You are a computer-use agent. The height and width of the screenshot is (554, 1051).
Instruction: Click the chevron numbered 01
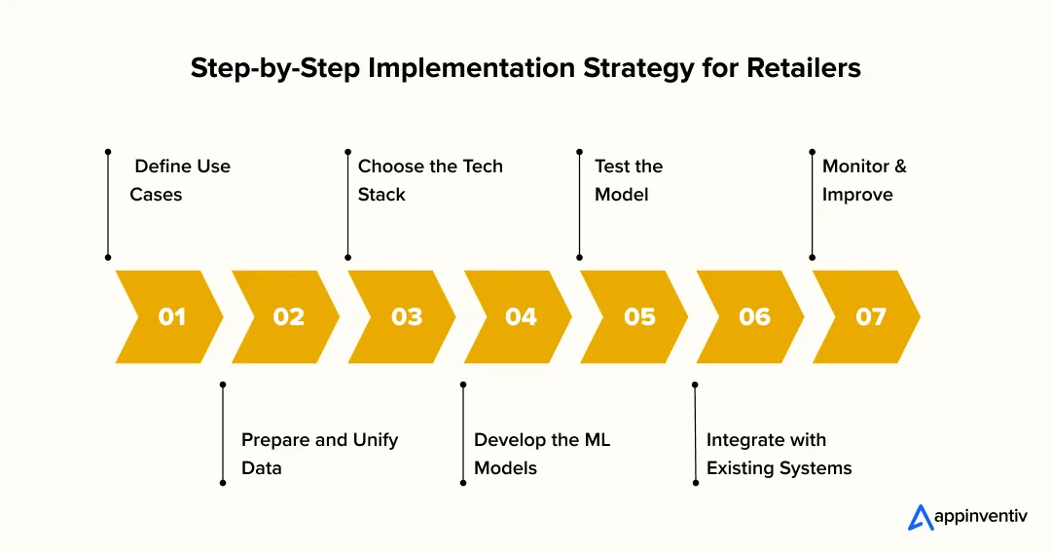[170, 316]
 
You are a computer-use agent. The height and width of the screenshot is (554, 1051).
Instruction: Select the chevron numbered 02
[287, 316]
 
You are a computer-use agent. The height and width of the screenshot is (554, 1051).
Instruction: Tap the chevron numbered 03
[404, 316]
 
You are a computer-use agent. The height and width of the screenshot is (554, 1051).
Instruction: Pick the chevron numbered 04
[520, 316]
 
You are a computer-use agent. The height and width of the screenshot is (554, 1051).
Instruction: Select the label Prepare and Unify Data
[319, 454]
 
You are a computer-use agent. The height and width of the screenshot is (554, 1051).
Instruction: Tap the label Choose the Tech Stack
[429, 180]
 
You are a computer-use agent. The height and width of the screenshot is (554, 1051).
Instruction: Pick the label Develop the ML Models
[541, 454]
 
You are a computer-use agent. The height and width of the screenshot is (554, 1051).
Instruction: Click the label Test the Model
[628, 180]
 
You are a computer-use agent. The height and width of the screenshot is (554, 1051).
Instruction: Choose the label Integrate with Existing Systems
[778, 454]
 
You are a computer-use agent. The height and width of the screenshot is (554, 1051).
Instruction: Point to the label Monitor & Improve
[863, 180]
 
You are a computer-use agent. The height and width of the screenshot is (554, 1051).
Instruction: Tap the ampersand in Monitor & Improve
[899, 166]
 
